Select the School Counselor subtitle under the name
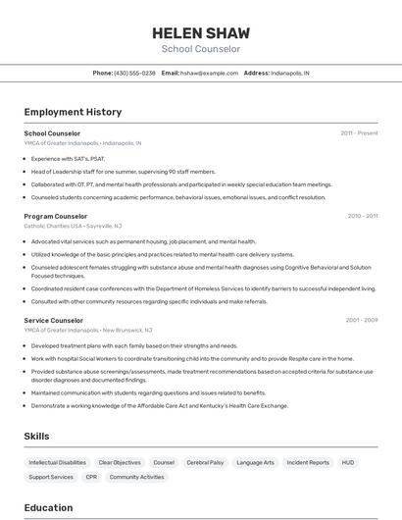pyautogui.click(x=201, y=49)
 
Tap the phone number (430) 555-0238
pyautogui.click(x=134, y=74)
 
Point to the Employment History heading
pyautogui.click(x=73, y=112)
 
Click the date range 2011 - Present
pyautogui.click(x=359, y=133)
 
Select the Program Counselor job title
pyautogui.click(x=56, y=216)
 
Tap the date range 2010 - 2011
pyautogui.click(x=362, y=216)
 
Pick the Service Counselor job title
pyautogui.click(x=54, y=320)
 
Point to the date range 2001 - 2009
pyautogui.click(x=362, y=320)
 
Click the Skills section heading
pyautogui.click(x=37, y=436)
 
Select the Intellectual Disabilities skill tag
pyautogui.click(x=57, y=462)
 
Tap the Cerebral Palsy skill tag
pyautogui.click(x=205, y=462)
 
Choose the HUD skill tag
pyautogui.click(x=348, y=462)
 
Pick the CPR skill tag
pyautogui.click(x=91, y=477)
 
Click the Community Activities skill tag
pyautogui.click(x=136, y=477)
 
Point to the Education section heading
pyautogui.click(x=48, y=507)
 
